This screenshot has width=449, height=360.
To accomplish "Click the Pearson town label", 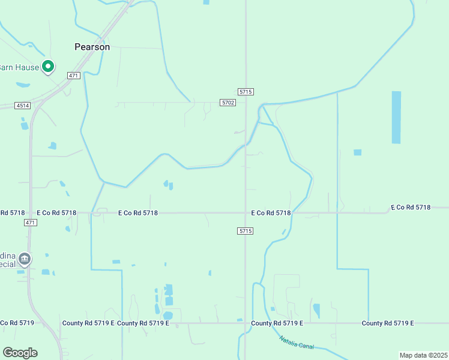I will pyautogui.click(x=92, y=46).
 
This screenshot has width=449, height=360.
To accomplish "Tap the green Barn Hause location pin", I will pyautogui.click(x=48, y=67).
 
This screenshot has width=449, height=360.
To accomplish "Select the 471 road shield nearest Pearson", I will pyautogui.click(x=73, y=76).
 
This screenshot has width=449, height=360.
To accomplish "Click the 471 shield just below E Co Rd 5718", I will pyautogui.click(x=31, y=223).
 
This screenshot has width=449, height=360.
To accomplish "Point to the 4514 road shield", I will pyautogui.click(x=23, y=106).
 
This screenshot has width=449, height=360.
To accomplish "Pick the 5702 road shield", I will pyautogui.click(x=228, y=103).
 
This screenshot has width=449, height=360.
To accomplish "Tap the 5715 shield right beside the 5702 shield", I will pyautogui.click(x=246, y=92).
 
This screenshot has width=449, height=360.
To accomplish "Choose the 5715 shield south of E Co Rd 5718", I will pyautogui.click(x=245, y=231).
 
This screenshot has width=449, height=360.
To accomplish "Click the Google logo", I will pyautogui.click(x=20, y=353).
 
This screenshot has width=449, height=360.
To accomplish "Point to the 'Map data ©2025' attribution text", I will pyautogui.click(x=423, y=355).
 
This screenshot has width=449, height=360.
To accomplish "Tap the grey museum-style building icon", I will pyautogui.click(x=25, y=259).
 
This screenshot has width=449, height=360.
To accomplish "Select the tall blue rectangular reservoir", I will pyautogui.click(x=396, y=117).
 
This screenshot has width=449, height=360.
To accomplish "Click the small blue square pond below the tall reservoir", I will pyautogui.click(x=358, y=152).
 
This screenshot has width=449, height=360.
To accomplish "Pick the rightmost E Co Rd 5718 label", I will pyautogui.click(x=411, y=207).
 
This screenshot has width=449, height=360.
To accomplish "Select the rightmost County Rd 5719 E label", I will pyautogui.click(x=388, y=323).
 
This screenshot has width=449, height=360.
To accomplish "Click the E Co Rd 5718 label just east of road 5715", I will pyautogui.click(x=271, y=213).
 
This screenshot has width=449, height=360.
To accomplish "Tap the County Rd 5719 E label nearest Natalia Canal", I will pyautogui.click(x=277, y=323).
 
